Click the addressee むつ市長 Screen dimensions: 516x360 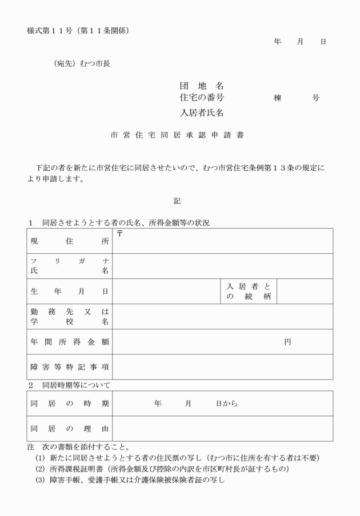point(91,63)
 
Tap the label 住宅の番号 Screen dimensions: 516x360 point(202,98)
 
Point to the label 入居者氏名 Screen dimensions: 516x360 point(202,113)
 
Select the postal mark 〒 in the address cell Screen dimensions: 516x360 point(119,233)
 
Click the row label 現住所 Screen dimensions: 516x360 point(70,241)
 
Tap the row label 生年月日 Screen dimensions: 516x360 point(70,291)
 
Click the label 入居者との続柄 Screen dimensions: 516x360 point(248,291)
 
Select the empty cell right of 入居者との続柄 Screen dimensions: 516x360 point(304,291)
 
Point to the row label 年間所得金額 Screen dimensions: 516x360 point(70,342)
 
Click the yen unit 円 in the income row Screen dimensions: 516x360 point(287,342)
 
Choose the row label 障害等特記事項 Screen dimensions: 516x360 point(70,367)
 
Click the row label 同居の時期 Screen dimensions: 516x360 point(70,403)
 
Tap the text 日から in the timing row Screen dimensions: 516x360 point(226,403)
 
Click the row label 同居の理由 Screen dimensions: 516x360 point(70,429)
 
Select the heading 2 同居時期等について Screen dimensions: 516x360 point(70,386)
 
